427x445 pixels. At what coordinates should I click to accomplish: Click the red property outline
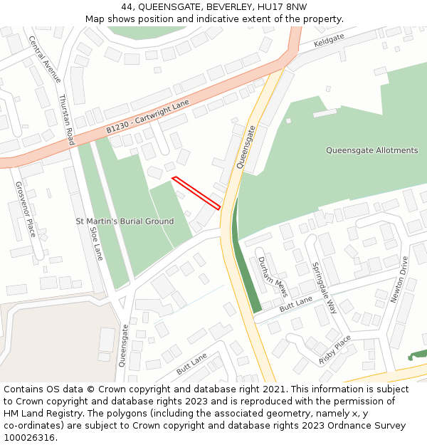tap(196, 192)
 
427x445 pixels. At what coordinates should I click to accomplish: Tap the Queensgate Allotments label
tap(371, 150)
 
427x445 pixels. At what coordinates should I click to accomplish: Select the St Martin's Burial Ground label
tap(125, 221)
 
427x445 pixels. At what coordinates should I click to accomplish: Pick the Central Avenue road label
tap(45, 60)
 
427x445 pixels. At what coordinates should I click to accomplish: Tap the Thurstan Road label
tap(66, 120)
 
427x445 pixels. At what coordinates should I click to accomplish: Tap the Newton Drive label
tap(398, 279)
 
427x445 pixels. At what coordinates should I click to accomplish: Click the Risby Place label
tap(335, 350)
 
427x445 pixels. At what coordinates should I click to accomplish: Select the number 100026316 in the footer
tap(30, 437)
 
